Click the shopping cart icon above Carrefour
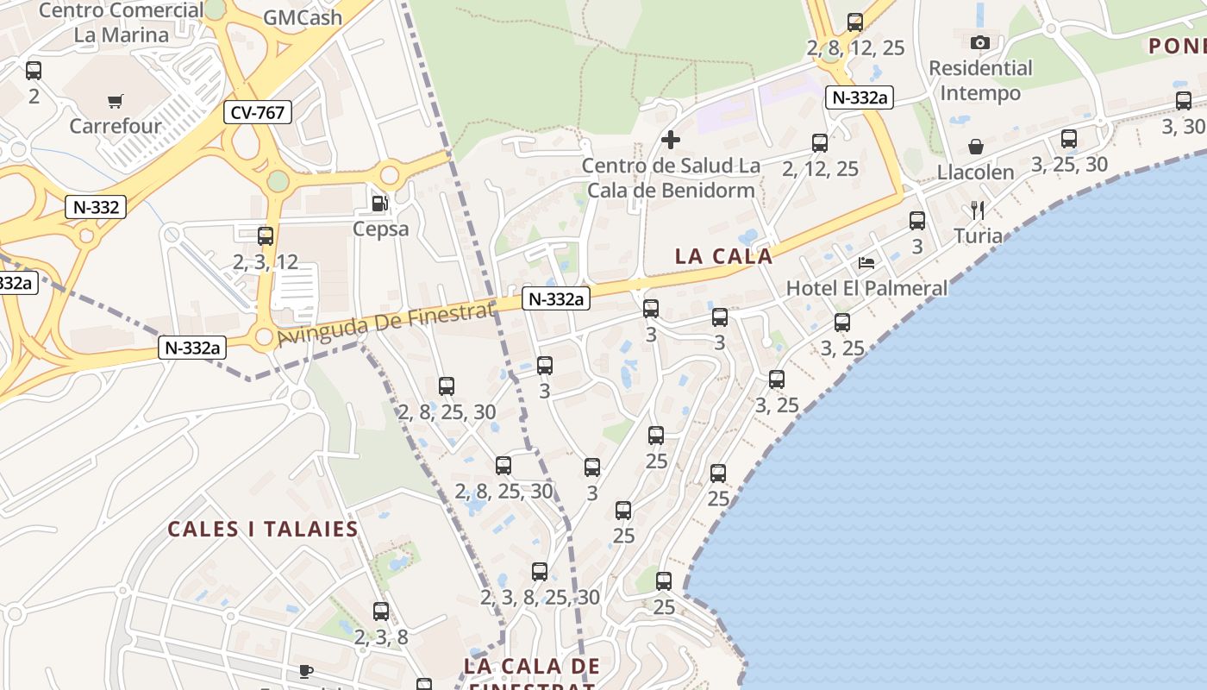116,101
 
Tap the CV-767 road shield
258,112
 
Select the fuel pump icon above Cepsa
379,204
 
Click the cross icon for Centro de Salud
670,139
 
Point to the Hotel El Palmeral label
866,288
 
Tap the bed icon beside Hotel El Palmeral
866,262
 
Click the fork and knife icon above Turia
977,210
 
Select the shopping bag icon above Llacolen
976,147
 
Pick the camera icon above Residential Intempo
980,42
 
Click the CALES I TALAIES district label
263,529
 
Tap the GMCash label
302,17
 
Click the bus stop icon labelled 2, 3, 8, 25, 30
540,571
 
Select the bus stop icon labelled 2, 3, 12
266,235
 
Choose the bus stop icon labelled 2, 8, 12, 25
855,22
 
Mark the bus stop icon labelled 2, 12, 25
820,142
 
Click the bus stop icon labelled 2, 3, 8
381,612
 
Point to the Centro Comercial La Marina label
121,22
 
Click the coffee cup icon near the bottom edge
305,670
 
